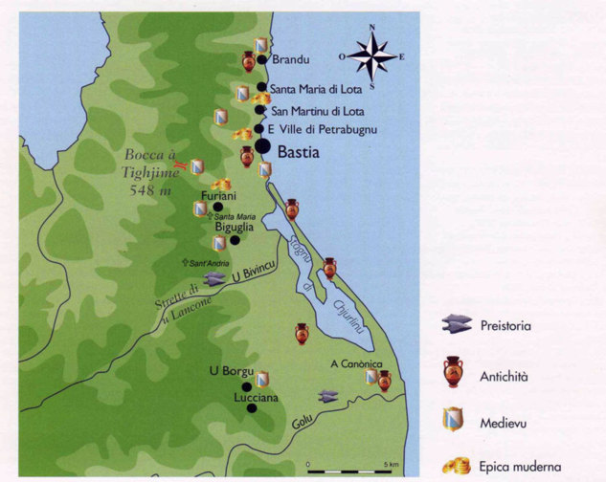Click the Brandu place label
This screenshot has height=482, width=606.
[292, 59]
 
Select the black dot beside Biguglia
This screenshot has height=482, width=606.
[234, 241]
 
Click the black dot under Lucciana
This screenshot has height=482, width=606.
[251, 407]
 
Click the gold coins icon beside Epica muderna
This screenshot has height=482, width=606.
[455, 466]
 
